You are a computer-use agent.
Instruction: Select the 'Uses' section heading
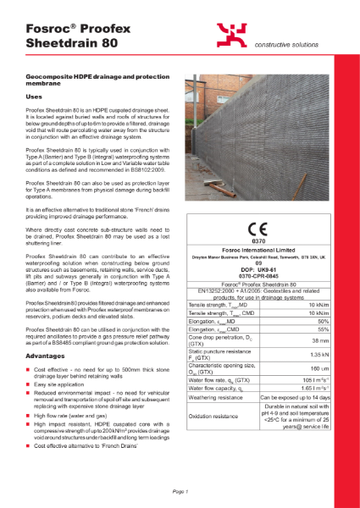pos(35,98)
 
